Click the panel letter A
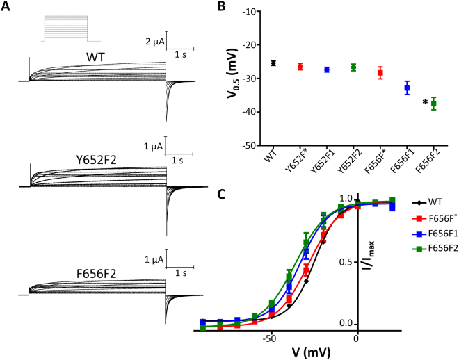click(x=8, y=8)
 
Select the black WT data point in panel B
click(x=273, y=63)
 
